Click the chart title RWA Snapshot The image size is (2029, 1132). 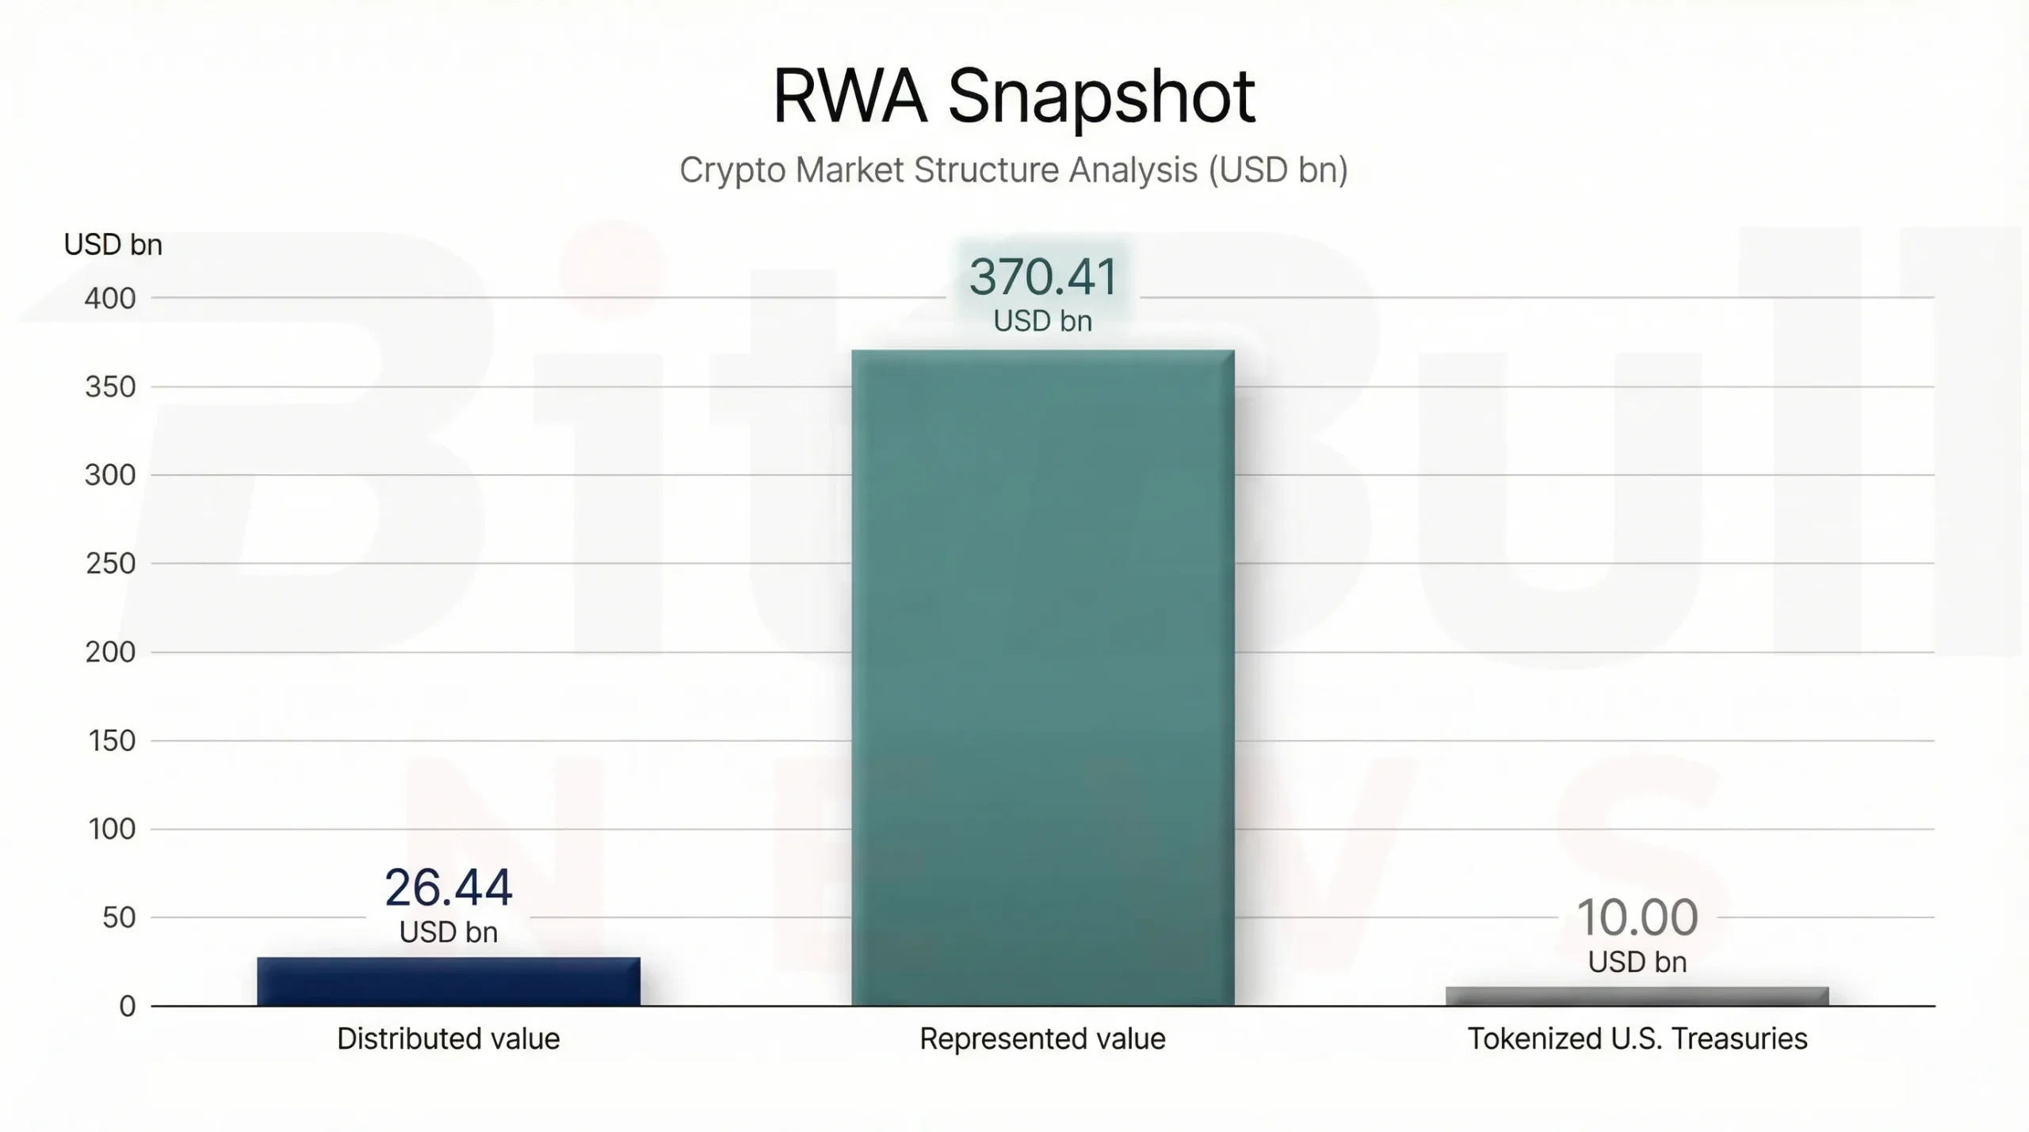point(1014,97)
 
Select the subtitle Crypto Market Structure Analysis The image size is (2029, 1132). point(1014,170)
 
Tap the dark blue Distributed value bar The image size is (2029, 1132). point(449,981)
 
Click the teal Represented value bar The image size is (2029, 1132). point(1043,677)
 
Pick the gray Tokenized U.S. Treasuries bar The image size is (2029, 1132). point(1637,997)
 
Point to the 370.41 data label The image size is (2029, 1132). point(1043,277)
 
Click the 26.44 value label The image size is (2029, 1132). point(449,888)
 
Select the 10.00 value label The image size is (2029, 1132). point(1637,918)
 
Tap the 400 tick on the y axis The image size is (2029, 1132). point(110,299)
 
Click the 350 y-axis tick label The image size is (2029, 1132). point(110,387)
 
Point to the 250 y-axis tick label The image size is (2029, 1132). point(110,564)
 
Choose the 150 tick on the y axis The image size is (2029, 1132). point(110,741)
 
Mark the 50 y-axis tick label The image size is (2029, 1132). point(119,918)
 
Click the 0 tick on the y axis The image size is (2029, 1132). point(127,1007)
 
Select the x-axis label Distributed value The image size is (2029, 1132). point(449,1039)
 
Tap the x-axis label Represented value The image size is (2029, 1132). point(1042,1039)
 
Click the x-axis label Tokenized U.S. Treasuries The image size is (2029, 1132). point(1637,1039)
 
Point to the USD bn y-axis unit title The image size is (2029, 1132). point(113,245)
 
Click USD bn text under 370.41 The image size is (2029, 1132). point(1043,322)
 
